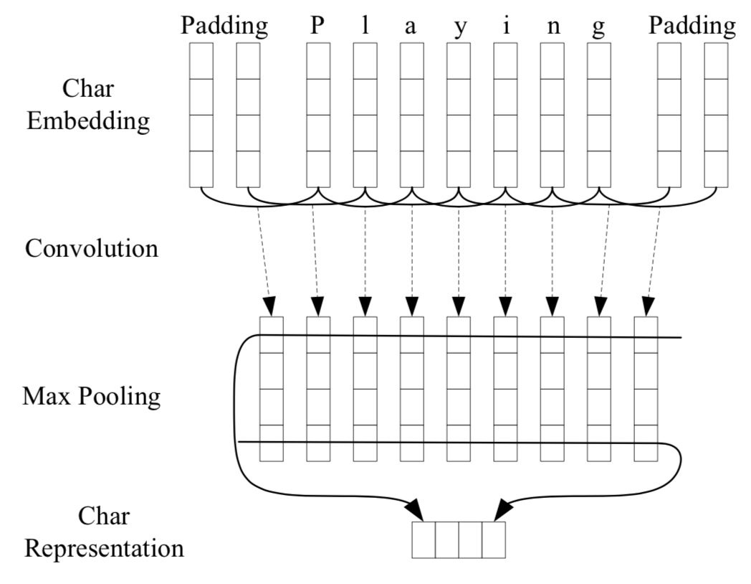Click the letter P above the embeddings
pyautogui.click(x=317, y=27)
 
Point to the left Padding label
pyautogui.click(x=224, y=27)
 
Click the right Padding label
pyautogui.click(x=692, y=27)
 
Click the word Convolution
pyautogui.click(x=92, y=248)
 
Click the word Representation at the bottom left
pyautogui.click(x=103, y=548)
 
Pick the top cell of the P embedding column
pyautogui.click(x=318, y=61)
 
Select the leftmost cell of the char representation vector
pyautogui.click(x=424, y=540)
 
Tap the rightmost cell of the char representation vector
pyautogui.click(x=493, y=540)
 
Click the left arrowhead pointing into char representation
pyautogui.click(x=416, y=510)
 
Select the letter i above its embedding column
pyautogui.click(x=505, y=27)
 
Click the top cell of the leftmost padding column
pyautogui.click(x=201, y=61)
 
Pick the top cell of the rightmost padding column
pyautogui.click(x=716, y=61)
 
